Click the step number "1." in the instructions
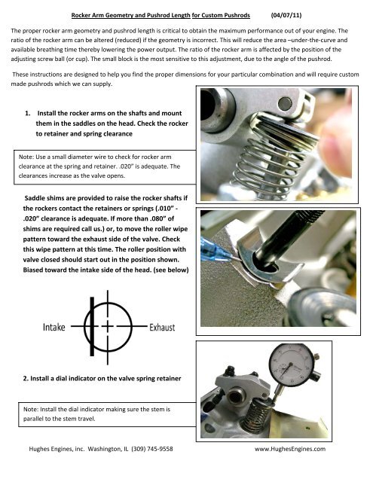point(28,113)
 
